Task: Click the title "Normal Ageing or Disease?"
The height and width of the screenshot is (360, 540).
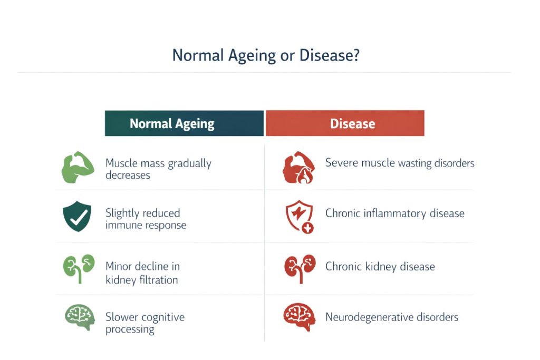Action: (266, 55)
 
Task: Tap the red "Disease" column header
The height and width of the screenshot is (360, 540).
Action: (345, 123)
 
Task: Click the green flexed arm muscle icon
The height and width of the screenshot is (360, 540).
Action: (78, 168)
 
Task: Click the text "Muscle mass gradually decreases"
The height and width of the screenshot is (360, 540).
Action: (158, 169)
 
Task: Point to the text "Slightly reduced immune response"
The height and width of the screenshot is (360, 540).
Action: (146, 219)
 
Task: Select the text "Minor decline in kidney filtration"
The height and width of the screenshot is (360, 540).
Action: (142, 273)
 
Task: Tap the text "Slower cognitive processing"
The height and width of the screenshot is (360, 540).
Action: (145, 323)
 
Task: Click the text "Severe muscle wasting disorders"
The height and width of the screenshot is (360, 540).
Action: (400, 163)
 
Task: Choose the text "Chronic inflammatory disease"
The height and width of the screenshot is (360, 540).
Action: (395, 213)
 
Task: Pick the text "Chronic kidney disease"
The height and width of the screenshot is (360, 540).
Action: (380, 266)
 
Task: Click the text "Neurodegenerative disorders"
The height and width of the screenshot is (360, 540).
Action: (392, 317)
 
